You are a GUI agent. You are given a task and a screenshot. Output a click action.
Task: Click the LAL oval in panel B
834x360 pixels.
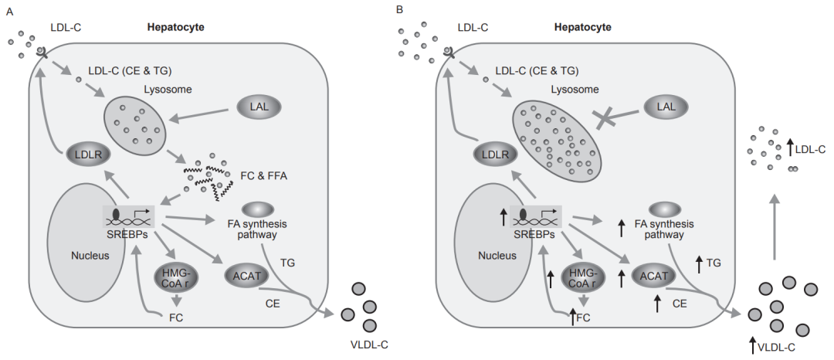[x=666, y=107]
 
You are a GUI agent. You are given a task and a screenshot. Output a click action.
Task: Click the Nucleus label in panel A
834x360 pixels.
[x=90, y=256]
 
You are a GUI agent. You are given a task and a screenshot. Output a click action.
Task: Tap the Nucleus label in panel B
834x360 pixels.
[x=497, y=256]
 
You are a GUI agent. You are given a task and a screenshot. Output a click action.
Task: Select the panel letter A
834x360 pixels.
[x=9, y=11]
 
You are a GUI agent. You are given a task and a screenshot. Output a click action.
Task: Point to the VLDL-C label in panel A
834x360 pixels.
[x=369, y=345]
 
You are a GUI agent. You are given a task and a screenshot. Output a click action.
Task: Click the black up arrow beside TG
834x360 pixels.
[x=700, y=264]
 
